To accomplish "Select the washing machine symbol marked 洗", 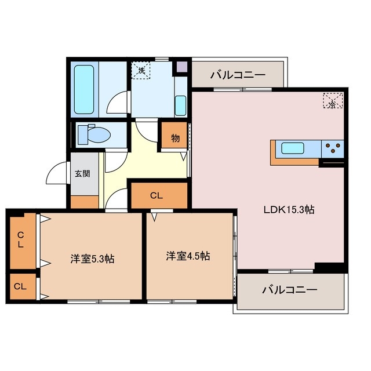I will click(x=141, y=70).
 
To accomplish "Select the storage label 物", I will click(x=174, y=139).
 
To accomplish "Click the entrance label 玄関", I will click(x=82, y=173).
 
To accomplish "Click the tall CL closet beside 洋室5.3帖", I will click(x=21, y=240).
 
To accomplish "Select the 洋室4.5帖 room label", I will click(x=188, y=256).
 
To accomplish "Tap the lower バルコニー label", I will click(x=289, y=289).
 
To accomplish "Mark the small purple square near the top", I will click(x=182, y=66).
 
